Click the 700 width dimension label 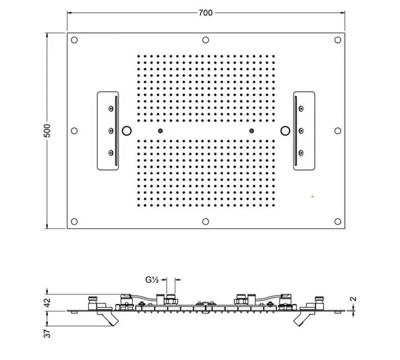(205, 13)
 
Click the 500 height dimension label (47, 131)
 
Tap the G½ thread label (152, 280)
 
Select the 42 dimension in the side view (47, 302)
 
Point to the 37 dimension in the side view (47, 333)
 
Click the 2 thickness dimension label (354, 299)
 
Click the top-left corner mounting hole (74, 40)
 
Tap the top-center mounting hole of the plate (206, 40)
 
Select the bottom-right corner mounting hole (338, 221)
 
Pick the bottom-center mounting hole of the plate (206, 221)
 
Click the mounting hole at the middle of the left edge (74, 131)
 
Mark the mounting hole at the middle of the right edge (338, 131)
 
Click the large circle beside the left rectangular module (127, 131)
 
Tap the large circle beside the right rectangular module (285, 131)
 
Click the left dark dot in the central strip (161, 131)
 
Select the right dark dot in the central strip (252, 131)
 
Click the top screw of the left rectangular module (111, 108)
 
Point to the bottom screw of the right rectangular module (301, 153)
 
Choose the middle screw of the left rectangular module (111, 131)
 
